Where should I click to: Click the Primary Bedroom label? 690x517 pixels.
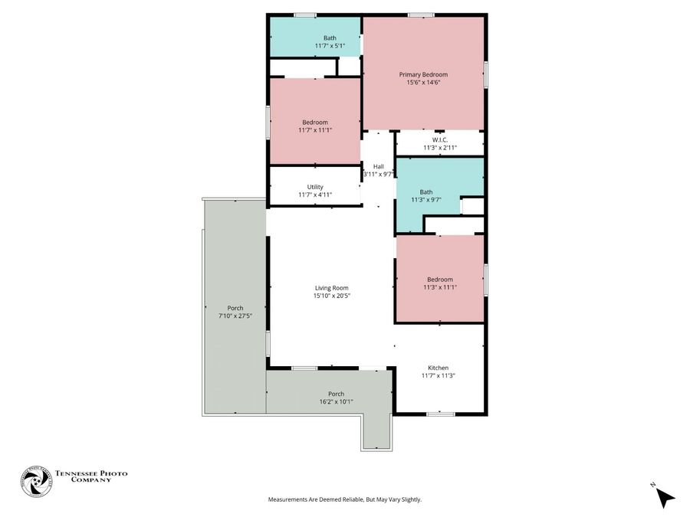[x=423, y=74]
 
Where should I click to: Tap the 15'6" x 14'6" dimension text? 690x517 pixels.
[x=423, y=82]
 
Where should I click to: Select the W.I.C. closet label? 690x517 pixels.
[x=439, y=139]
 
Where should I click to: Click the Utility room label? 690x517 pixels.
[x=315, y=187]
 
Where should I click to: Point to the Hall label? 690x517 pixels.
[x=378, y=166]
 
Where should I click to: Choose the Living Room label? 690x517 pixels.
[x=331, y=288]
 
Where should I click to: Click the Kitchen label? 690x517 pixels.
[x=439, y=368]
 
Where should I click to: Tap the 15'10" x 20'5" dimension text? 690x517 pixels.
[x=331, y=296]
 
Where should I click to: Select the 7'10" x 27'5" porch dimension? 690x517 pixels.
[x=235, y=316]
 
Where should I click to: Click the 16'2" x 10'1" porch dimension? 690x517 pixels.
[x=336, y=401]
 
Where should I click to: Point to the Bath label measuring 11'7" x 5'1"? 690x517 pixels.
[x=330, y=38]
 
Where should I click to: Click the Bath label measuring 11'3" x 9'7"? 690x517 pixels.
[x=426, y=192]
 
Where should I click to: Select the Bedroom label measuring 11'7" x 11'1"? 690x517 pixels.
[x=314, y=123]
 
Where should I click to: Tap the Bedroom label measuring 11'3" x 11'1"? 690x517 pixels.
[x=439, y=280]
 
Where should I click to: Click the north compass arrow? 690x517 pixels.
[x=665, y=497]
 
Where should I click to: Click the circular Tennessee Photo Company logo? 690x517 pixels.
[x=36, y=483]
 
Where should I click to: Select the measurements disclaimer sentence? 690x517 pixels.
[x=344, y=499]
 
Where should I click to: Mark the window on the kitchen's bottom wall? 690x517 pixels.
[x=439, y=414]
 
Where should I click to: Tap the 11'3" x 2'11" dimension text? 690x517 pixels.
[x=439, y=147]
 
